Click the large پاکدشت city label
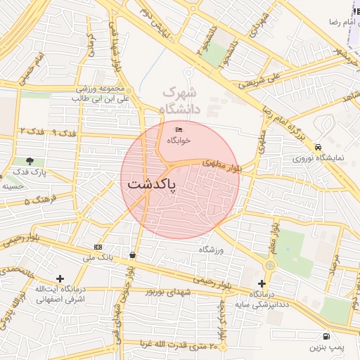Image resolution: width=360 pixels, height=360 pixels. pos(152,185)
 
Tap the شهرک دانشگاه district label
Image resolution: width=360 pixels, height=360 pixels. pos(180,101)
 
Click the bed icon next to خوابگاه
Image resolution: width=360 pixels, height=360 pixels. pos(179,130)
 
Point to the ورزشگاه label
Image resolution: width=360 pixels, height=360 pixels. pos(210,250)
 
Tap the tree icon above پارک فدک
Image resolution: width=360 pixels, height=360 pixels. pos(30,161)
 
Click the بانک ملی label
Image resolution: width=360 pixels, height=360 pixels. pos(98,257)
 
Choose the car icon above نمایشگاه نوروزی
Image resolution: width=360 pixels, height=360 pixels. pos(319,147)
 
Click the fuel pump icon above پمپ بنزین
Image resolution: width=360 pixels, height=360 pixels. pos(326,336)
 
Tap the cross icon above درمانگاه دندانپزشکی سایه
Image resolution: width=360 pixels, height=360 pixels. pos(262,283)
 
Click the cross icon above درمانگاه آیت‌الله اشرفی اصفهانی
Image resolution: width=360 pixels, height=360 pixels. pos(60,279)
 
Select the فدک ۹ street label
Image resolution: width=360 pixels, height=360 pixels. pos(64,133)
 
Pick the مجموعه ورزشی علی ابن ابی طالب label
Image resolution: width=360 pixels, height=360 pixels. pos(105,94)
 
